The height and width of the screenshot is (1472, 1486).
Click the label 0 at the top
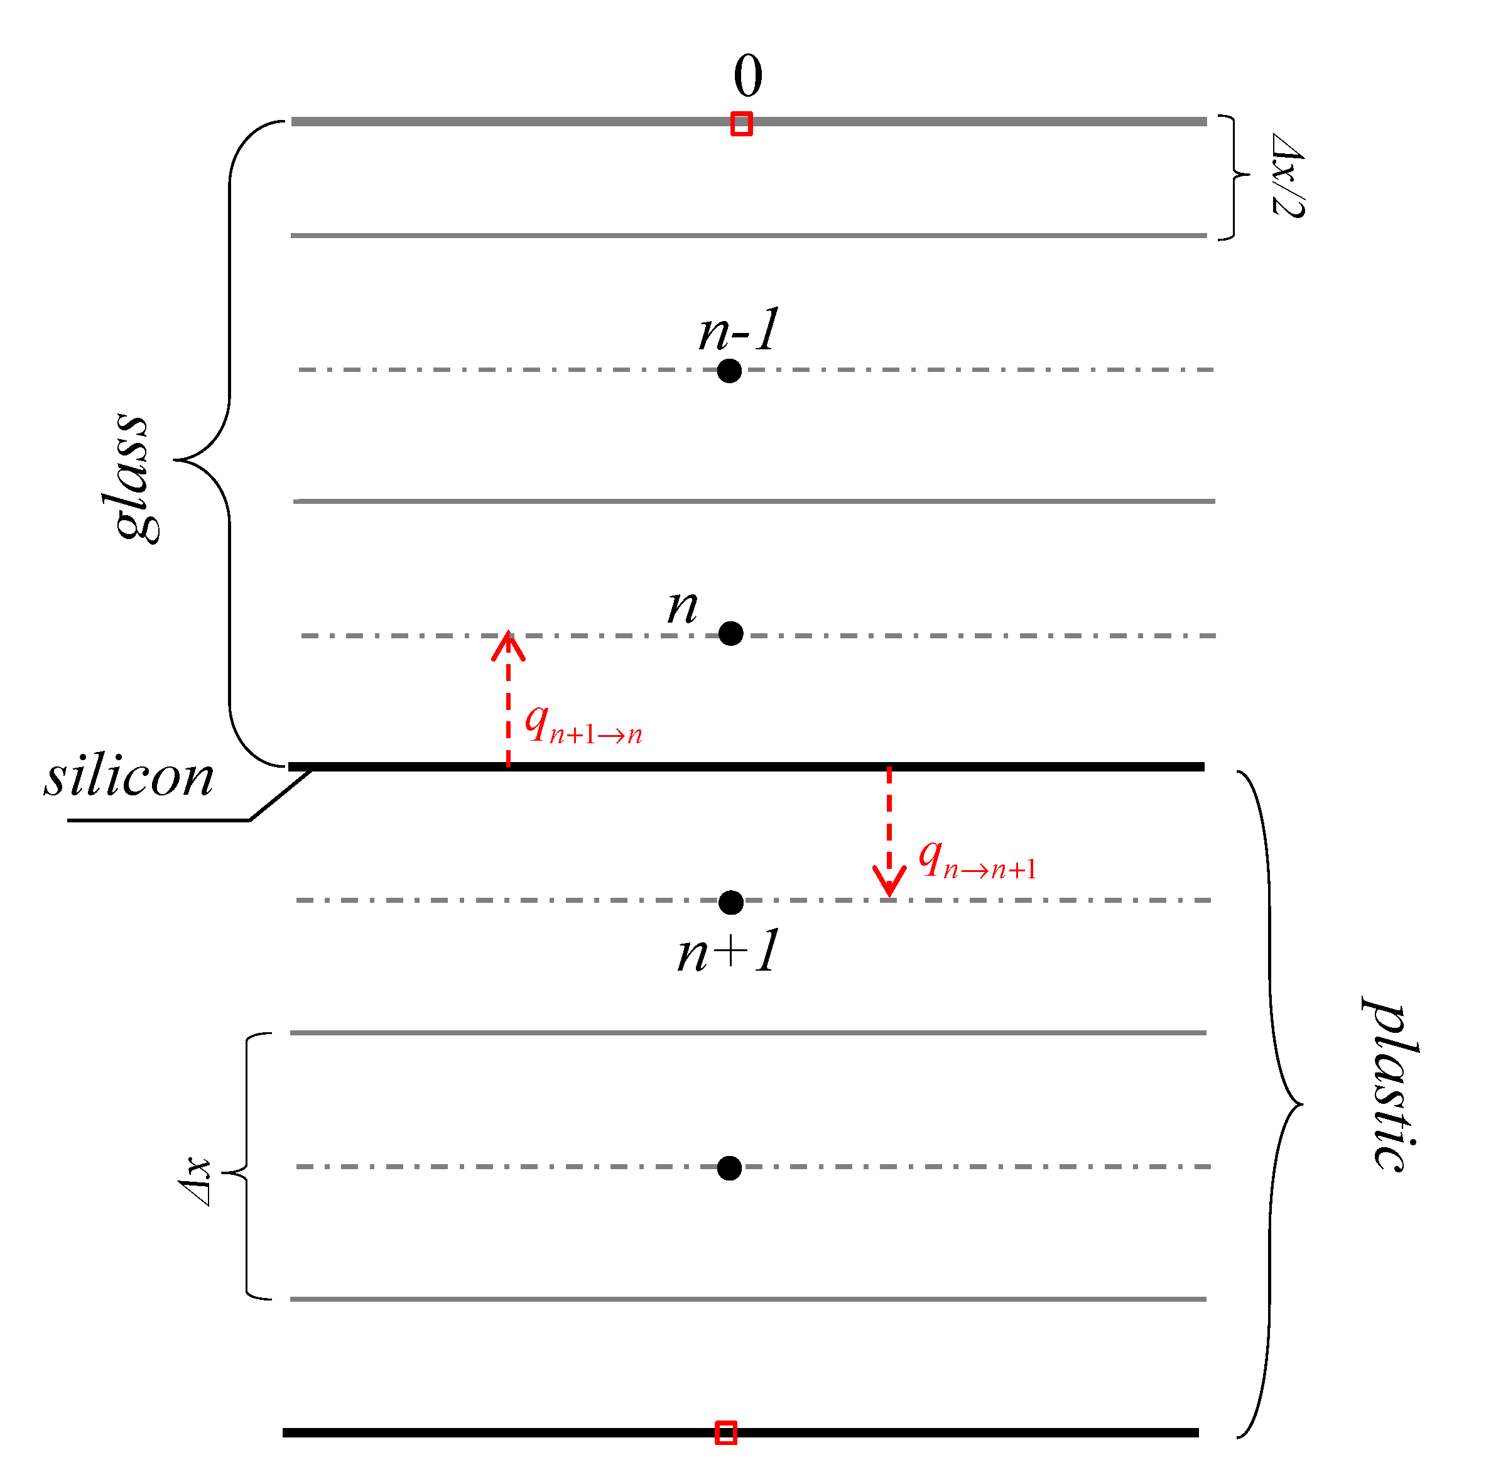pos(747,76)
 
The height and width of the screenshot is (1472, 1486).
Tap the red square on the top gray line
pos(740,124)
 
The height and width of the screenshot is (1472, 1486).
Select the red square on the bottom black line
pos(725,1433)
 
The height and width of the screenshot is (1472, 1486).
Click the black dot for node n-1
pos(729,371)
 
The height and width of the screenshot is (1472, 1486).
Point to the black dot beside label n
pos(730,633)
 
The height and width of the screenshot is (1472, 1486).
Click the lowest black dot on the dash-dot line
pos(729,1168)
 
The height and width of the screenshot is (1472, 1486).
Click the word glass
pos(131,477)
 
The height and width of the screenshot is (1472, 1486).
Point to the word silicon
pos(129,777)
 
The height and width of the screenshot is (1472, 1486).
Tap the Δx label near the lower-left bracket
pos(195,1182)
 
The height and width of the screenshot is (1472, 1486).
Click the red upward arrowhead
pos(508,646)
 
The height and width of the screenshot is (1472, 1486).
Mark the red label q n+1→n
pos(583,726)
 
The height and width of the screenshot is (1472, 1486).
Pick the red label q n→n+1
pos(977,860)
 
